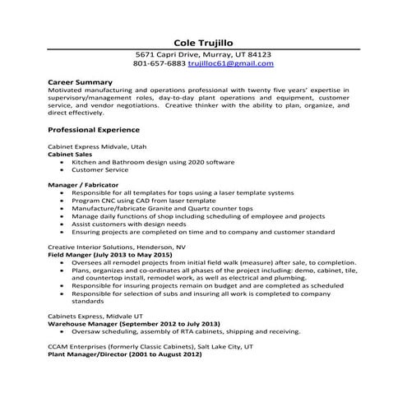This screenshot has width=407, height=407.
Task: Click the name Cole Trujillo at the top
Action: click(x=203, y=41)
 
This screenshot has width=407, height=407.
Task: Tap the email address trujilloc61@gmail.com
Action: click(x=231, y=63)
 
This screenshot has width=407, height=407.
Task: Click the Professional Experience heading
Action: click(x=94, y=130)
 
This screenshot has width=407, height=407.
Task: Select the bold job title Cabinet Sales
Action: click(x=70, y=154)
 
